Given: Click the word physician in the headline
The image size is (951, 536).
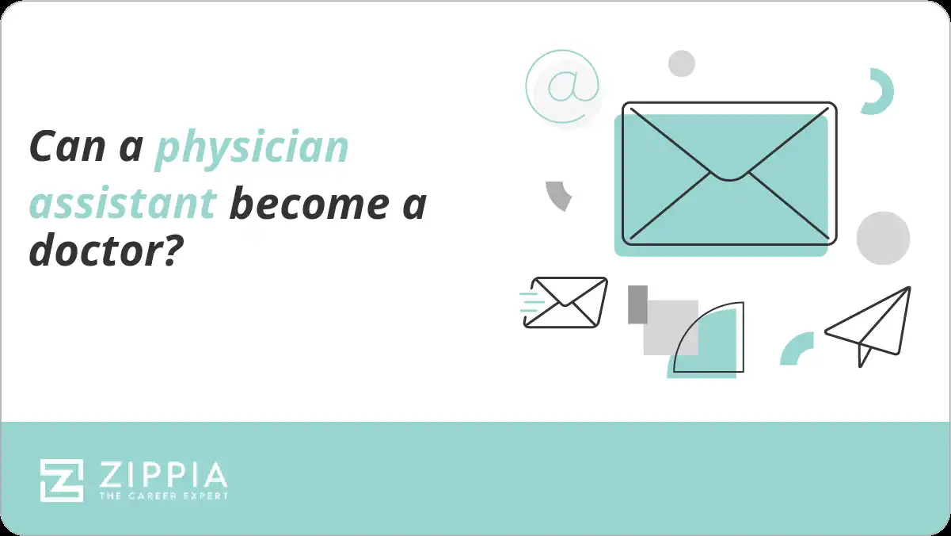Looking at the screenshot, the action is pyautogui.click(x=252, y=149).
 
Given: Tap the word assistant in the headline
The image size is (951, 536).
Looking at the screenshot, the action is pyautogui.click(x=123, y=203).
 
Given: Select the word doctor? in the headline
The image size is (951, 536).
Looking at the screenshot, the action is pyautogui.click(x=106, y=250).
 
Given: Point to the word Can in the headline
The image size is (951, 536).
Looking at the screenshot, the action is pyautogui.click(x=67, y=146).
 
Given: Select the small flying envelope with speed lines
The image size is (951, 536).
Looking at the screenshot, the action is pyautogui.click(x=565, y=302).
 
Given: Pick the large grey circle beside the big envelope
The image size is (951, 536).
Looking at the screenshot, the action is pyautogui.click(x=883, y=238).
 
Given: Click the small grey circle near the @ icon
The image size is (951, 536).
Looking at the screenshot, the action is pyautogui.click(x=682, y=63).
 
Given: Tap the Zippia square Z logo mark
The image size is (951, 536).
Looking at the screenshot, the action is pyautogui.click(x=62, y=480).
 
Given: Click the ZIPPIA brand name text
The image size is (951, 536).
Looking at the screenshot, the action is pyautogui.click(x=163, y=475).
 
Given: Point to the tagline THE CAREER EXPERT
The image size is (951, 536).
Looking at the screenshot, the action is pyautogui.click(x=163, y=496).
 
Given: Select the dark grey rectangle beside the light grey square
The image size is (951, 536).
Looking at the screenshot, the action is pyautogui.click(x=637, y=304).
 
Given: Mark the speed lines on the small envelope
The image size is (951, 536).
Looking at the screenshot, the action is pyautogui.click(x=532, y=302).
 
